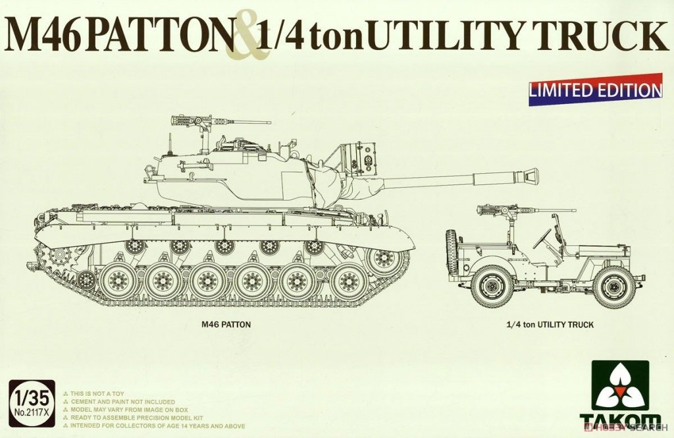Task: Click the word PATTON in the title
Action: tap(158, 37)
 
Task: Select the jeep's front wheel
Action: tap(613, 287)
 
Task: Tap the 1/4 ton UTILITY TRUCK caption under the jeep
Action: tap(550, 325)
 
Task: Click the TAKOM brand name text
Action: tap(619, 422)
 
